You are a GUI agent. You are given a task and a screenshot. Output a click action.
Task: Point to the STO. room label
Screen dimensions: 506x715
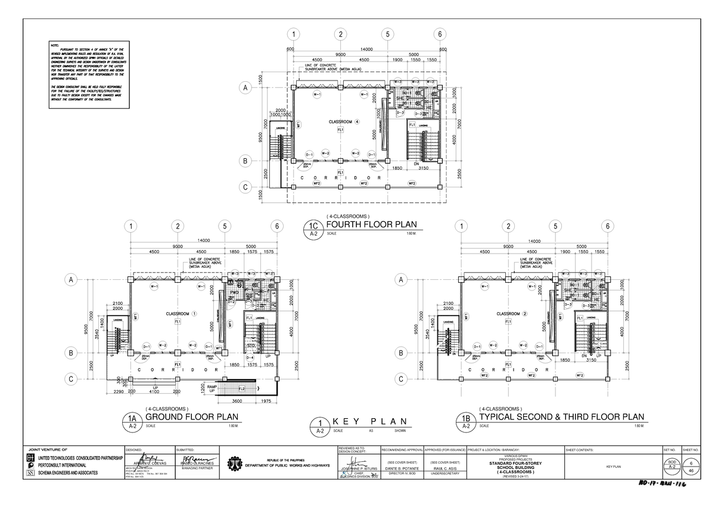tap(251, 345)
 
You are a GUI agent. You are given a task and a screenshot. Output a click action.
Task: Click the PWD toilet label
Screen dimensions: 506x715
tap(235, 292)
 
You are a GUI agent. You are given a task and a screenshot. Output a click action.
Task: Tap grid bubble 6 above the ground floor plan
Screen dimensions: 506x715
tap(276, 226)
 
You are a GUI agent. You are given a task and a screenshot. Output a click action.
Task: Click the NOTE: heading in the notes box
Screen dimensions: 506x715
tap(55, 45)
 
